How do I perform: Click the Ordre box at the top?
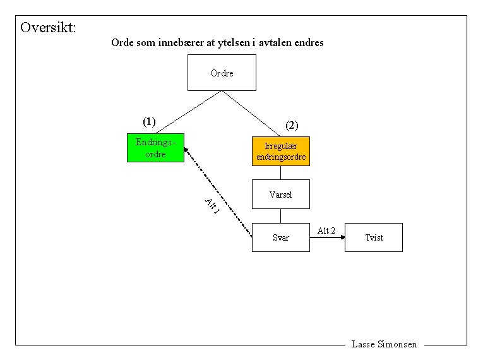222,73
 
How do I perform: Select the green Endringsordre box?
155,148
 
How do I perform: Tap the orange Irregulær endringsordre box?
281,152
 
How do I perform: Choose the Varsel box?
281,195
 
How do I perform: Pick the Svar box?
281,237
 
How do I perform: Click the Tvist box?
374,237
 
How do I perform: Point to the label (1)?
149,121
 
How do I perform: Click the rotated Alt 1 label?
212,206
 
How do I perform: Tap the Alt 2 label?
326,231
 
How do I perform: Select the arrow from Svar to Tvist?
328,238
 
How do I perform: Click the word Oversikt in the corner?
48,28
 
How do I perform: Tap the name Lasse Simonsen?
384,344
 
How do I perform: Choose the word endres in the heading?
309,43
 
